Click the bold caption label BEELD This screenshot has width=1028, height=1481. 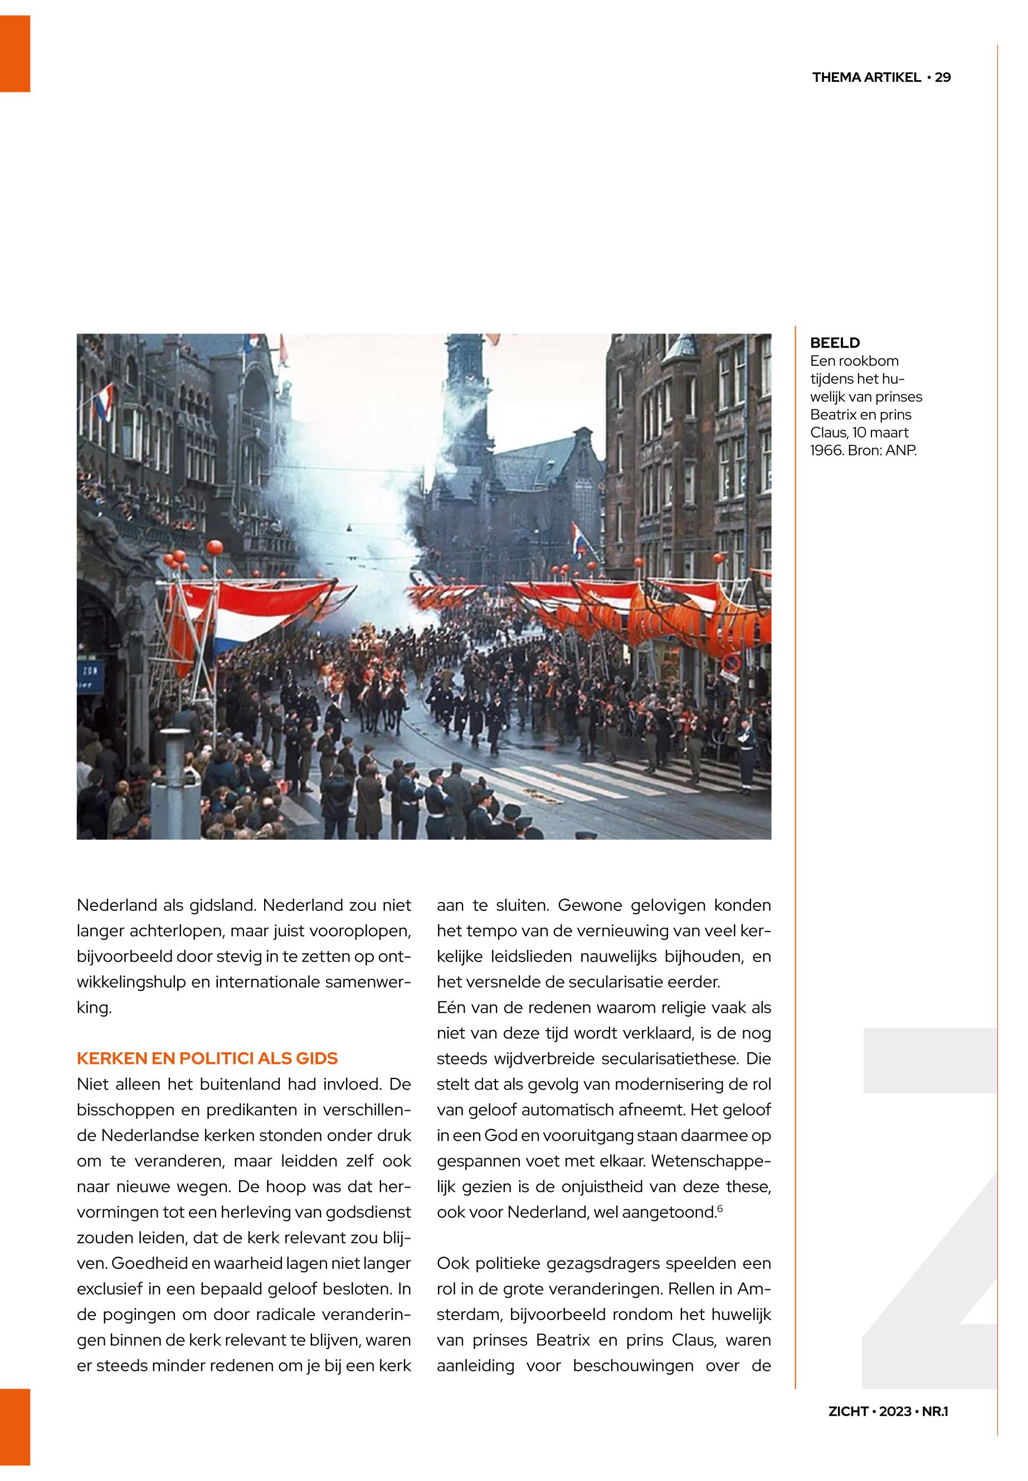[x=835, y=343]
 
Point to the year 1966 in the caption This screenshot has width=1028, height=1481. [x=826, y=450]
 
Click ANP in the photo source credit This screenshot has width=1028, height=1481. [x=900, y=450]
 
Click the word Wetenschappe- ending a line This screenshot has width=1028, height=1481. [x=711, y=1161]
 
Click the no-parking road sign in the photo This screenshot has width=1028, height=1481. [x=731, y=664]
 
